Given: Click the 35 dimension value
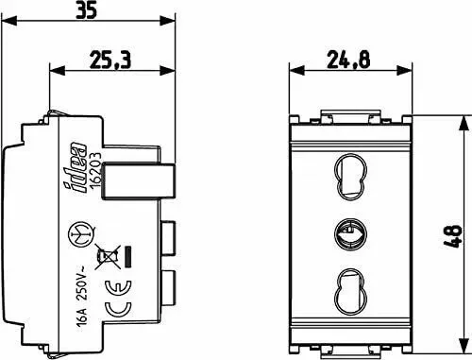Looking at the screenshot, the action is tap(87, 10).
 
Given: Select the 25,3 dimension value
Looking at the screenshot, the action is tap(110, 60).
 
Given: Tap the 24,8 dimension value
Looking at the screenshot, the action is tap(348, 60).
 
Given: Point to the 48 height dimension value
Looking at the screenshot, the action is tap(453, 236).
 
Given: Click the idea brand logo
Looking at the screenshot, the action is tap(76, 168).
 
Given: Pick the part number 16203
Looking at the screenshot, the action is tap(95, 172).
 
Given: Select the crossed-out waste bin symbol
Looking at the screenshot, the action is tap(108, 256).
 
